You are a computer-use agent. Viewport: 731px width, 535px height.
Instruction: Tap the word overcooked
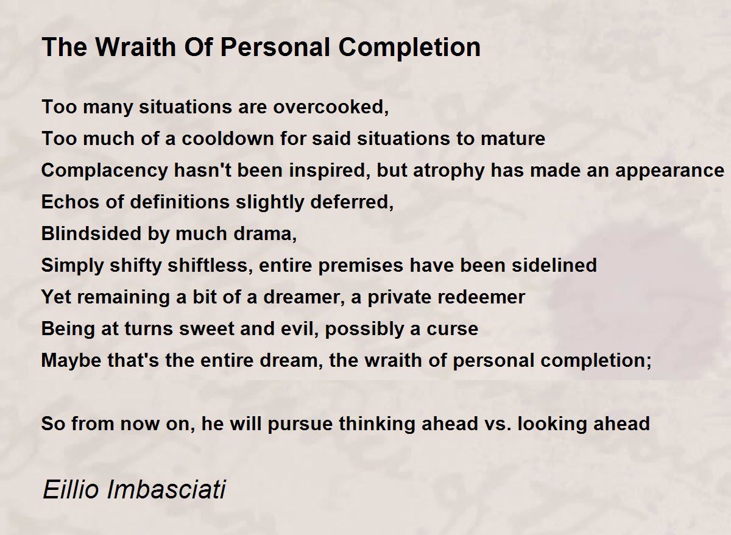click(331, 107)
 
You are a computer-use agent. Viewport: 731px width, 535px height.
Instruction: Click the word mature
click(513, 139)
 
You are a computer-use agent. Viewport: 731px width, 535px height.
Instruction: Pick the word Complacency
click(104, 171)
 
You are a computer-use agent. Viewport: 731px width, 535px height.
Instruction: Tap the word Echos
click(70, 202)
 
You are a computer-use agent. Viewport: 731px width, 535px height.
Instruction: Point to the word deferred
click(352, 202)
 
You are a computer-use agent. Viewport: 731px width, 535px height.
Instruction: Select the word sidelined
click(554, 266)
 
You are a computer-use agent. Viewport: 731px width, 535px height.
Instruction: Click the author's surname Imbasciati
click(166, 489)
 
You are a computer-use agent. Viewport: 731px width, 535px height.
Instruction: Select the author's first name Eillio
click(70, 489)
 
